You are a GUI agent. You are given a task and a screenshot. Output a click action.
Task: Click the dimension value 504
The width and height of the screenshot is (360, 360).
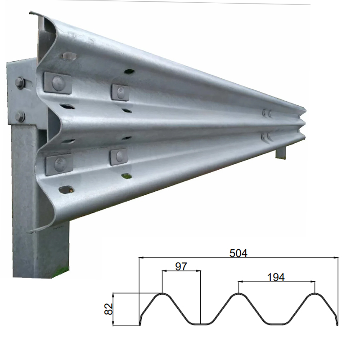(238, 253)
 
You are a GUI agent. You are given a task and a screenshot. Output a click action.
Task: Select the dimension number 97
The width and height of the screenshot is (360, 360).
(180, 266)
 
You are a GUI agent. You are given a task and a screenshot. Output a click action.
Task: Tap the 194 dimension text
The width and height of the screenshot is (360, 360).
(276, 277)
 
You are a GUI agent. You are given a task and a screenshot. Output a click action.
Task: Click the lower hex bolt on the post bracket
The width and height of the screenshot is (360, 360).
(20, 117)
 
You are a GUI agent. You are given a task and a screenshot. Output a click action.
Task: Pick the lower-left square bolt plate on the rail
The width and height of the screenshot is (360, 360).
(58, 163)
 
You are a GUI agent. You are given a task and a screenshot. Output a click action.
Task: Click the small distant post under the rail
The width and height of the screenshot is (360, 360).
(280, 151)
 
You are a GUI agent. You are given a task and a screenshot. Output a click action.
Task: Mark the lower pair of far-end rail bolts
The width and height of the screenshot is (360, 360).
(267, 136)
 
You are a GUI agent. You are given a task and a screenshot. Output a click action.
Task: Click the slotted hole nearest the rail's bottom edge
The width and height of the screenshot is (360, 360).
(66, 189)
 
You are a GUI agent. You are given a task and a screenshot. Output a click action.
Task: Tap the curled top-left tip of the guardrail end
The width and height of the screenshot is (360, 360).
(32, 13)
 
